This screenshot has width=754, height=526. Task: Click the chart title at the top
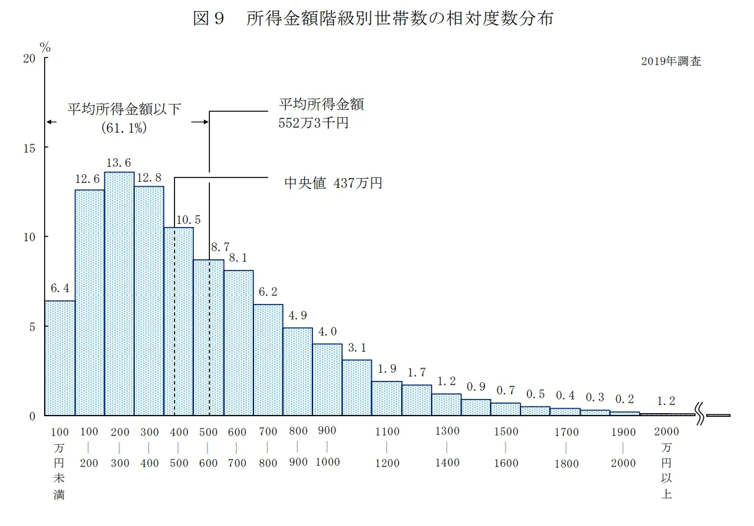(373, 19)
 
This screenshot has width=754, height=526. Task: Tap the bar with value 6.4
(60, 358)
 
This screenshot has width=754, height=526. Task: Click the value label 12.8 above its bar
(149, 178)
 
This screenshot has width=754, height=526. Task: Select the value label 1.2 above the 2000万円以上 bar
(666, 401)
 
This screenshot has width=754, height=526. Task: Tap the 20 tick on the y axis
(29, 58)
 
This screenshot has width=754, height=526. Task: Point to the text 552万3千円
(314, 123)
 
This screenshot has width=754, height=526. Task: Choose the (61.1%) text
(124, 127)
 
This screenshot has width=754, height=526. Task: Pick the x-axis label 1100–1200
(387, 447)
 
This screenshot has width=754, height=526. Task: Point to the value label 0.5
(535, 394)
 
